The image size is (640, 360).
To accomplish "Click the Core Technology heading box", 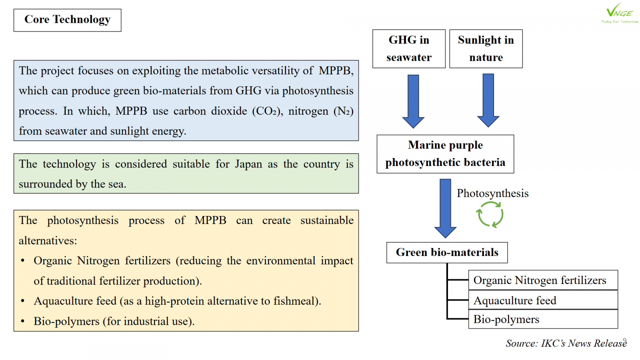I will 67,20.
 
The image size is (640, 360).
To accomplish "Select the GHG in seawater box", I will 409,49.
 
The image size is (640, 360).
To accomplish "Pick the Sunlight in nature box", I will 486,49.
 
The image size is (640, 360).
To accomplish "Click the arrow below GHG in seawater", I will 413,101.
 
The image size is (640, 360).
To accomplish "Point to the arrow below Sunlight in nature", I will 488,100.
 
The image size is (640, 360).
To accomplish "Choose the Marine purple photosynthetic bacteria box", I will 445,154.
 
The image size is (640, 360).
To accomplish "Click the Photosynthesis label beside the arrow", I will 492,194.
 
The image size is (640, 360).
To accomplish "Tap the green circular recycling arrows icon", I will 490,214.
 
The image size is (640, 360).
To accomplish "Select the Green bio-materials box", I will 447,252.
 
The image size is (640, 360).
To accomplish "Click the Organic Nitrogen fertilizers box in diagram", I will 543,280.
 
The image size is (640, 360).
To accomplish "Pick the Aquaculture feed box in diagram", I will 543,300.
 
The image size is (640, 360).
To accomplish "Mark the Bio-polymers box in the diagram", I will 543,319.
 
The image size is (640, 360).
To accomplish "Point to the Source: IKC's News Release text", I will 566,343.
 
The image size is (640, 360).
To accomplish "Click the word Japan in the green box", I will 248,164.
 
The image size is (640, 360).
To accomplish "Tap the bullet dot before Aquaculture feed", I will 23,301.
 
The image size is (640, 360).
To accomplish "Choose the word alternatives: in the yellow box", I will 48,240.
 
